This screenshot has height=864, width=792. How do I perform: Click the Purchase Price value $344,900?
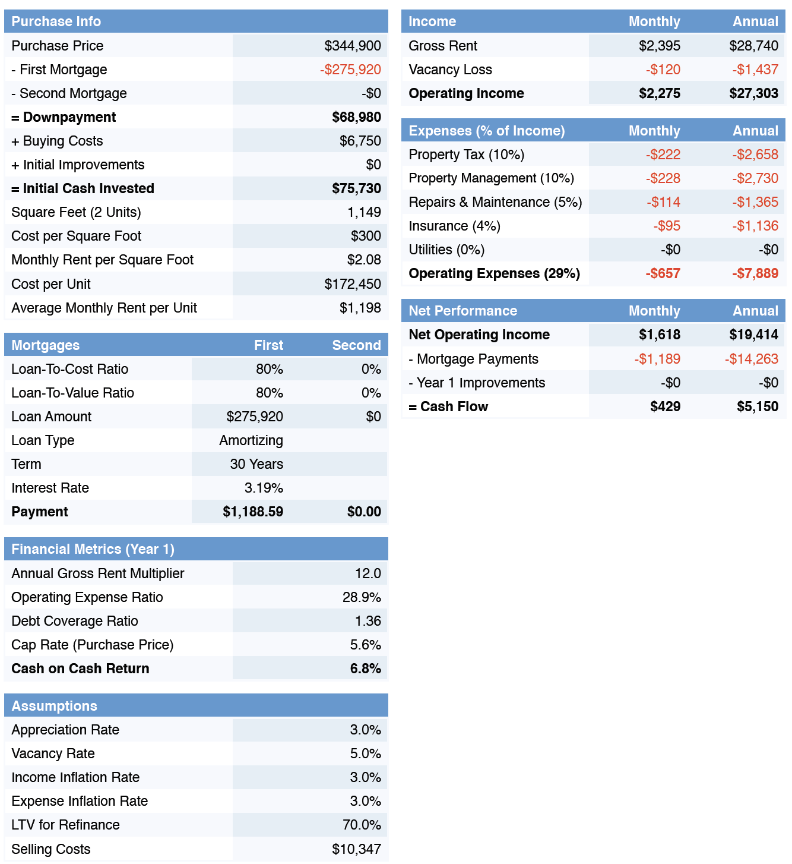pyautogui.click(x=353, y=46)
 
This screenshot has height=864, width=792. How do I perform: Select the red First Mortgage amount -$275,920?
pyautogui.click(x=350, y=70)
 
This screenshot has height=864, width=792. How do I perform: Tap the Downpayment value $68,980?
pyautogui.click(x=356, y=117)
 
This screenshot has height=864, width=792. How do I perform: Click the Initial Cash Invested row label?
pyautogui.click(x=83, y=188)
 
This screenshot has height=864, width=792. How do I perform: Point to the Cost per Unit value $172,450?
pyautogui.click(x=353, y=284)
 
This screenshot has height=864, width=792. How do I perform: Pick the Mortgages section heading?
pyautogui.click(x=45, y=345)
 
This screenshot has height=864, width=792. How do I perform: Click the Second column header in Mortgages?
pyautogui.click(x=356, y=345)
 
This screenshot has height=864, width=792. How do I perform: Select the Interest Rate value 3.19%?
pyautogui.click(x=264, y=488)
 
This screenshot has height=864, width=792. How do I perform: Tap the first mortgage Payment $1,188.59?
pyautogui.click(x=253, y=512)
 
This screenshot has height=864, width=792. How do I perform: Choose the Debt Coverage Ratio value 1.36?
pyautogui.click(x=368, y=621)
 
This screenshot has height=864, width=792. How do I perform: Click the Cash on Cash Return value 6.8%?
pyautogui.click(x=366, y=669)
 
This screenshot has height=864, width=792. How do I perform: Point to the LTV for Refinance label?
pyautogui.click(x=65, y=825)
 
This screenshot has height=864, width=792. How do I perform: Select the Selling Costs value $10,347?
pyautogui.click(x=356, y=849)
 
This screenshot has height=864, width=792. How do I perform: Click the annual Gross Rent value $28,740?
pyautogui.click(x=753, y=46)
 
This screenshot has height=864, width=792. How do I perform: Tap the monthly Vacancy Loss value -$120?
pyautogui.click(x=663, y=70)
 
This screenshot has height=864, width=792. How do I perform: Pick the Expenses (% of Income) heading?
pyautogui.click(x=487, y=131)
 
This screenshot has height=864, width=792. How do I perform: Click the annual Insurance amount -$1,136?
pyautogui.click(x=755, y=226)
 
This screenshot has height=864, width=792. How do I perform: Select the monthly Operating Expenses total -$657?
pyautogui.click(x=663, y=273)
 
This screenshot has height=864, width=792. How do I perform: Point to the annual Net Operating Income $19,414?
pyautogui.click(x=753, y=335)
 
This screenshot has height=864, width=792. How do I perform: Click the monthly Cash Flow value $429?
pyautogui.click(x=665, y=406)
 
